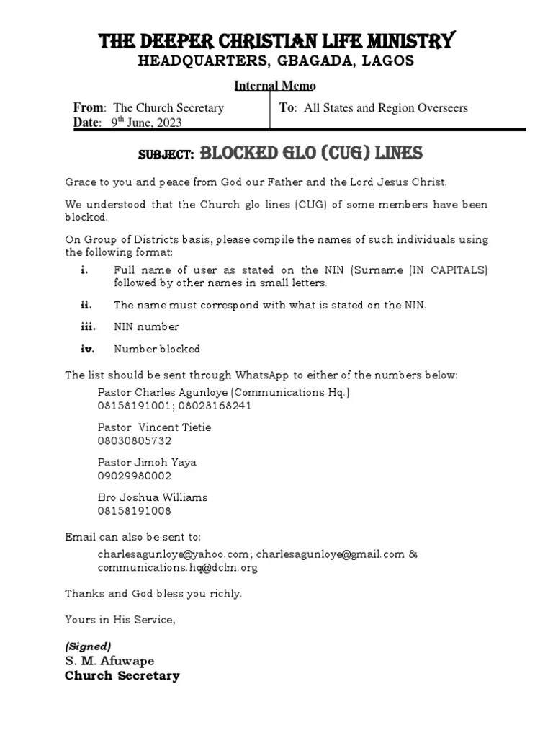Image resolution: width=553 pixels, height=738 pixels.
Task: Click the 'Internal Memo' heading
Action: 275,86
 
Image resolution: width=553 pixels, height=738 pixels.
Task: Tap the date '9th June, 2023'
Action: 146,123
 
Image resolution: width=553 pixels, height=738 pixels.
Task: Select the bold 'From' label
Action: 89,107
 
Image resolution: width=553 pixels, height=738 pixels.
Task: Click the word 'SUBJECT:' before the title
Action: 166,155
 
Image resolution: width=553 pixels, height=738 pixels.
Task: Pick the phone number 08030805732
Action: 134,440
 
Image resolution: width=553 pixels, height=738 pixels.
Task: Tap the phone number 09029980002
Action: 134,476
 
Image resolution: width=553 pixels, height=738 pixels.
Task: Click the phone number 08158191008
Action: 134,511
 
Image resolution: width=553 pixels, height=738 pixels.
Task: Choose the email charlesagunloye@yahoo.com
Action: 173,554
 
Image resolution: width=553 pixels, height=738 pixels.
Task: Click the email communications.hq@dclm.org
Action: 177,567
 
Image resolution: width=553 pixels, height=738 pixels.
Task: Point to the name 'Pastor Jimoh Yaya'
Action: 147,462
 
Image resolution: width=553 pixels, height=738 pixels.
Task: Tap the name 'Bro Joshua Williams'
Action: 152,497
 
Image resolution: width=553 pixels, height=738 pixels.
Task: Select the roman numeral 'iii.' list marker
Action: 87,326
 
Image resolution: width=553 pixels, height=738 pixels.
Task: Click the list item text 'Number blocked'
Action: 157,349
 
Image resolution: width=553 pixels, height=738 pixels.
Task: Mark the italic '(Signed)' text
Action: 88,646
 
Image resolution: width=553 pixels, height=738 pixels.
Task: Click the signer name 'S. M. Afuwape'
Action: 109,661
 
